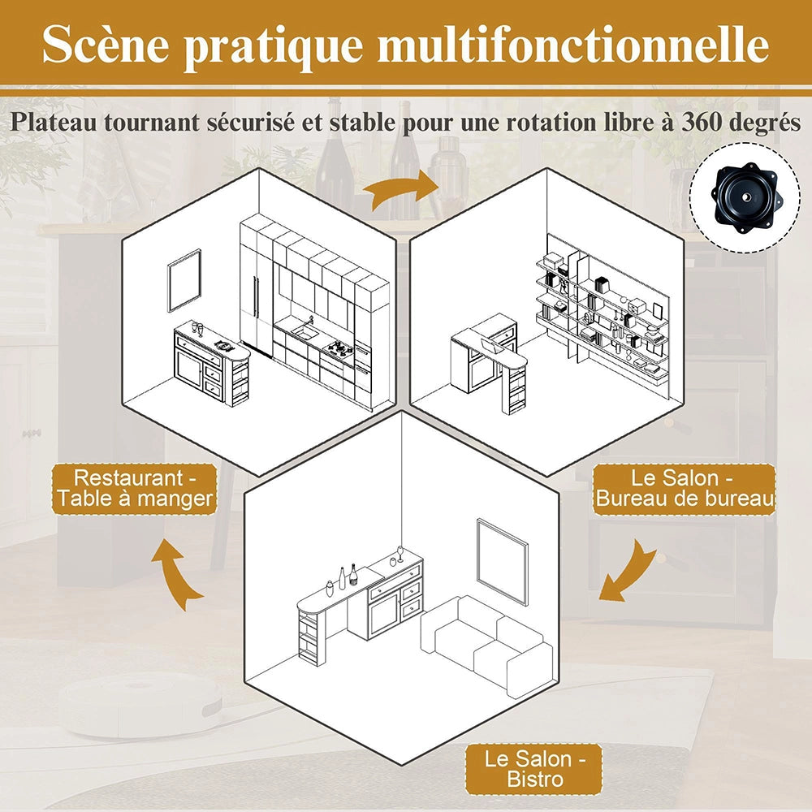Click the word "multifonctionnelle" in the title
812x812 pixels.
573,45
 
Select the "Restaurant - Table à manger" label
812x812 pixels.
134,488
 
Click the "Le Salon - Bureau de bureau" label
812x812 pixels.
684,488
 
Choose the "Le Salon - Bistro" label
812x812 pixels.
534,769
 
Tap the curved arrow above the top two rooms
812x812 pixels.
400,189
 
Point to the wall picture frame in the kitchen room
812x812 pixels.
184,280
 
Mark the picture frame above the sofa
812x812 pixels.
502,561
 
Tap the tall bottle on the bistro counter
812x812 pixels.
353,574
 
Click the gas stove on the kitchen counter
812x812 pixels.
339,348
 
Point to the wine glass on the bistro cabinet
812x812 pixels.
400,554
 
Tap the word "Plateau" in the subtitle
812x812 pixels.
53,123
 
